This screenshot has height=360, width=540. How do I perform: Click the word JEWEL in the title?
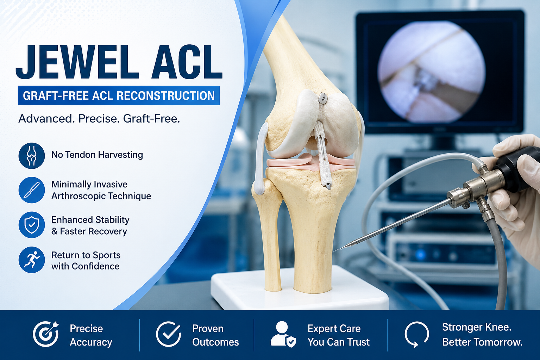tap(77, 62)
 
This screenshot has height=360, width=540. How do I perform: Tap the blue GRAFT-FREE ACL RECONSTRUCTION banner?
tap(119, 95)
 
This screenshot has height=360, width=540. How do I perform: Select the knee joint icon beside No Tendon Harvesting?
tap(32, 156)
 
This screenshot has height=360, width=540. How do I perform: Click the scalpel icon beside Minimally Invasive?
tap(32, 190)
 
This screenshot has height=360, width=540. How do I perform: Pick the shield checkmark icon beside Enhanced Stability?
tap(32, 225)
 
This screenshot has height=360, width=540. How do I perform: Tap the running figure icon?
tap(32, 260)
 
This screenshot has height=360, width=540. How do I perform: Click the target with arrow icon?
tap(46, 334)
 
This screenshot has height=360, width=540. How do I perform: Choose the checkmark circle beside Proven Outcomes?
tap(169, 334)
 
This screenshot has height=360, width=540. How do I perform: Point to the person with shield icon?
tap(283, 334)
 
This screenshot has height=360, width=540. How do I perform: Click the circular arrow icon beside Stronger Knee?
tap(416, 334)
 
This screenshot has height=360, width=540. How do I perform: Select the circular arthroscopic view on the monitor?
tap(431, 72)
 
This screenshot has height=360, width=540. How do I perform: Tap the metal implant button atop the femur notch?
tap(322, 98)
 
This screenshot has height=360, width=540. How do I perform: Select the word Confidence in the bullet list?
tap(95, 266)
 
